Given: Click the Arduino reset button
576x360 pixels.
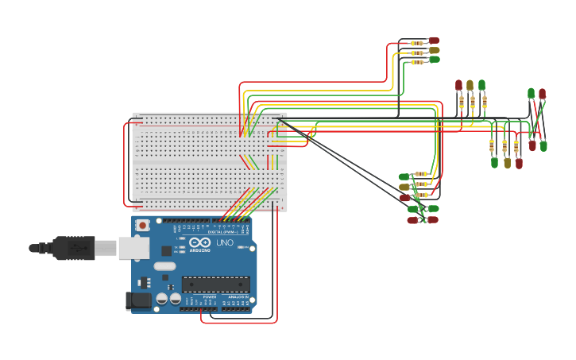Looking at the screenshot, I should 142,225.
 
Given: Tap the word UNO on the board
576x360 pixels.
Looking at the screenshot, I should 225,242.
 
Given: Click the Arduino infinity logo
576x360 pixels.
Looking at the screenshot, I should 199,242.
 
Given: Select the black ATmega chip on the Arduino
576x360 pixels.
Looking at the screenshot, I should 215,284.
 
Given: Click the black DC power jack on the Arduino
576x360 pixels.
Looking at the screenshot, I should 137,301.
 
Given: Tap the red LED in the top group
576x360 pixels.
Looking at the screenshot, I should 434,41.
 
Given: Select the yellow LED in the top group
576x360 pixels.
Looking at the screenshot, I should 434,50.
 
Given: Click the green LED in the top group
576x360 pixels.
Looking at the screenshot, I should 434,60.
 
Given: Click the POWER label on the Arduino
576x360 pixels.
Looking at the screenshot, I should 209,296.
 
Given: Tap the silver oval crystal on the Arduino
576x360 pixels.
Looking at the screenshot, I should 164,266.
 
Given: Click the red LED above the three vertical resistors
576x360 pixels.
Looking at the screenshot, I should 458,85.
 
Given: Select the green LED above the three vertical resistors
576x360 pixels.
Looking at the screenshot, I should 481,85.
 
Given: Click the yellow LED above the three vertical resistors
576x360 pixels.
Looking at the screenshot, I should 470,85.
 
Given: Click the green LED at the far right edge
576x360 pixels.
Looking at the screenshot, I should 544,145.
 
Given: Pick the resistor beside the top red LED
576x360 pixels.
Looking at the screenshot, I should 416,41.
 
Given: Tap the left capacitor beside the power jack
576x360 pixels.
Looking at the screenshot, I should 162,299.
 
